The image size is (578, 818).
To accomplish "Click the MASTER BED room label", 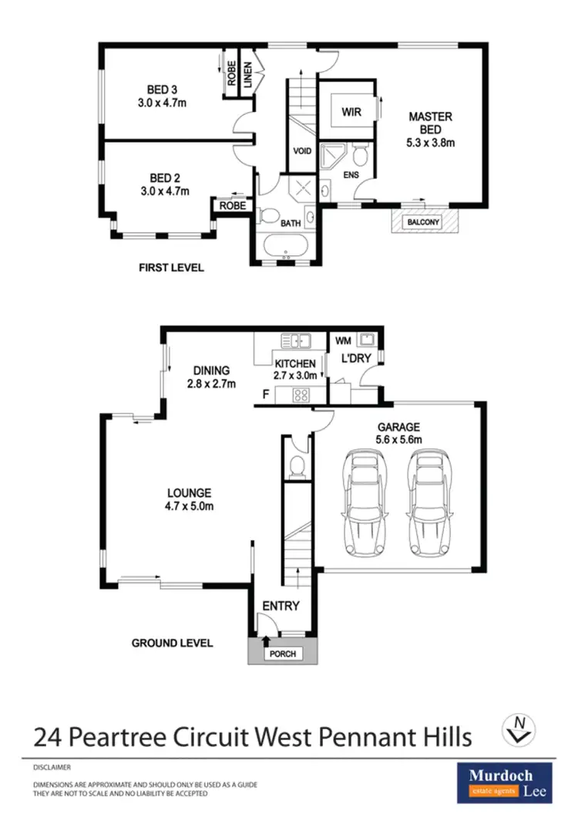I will [430, 123].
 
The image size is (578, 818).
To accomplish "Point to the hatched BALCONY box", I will [425, 221].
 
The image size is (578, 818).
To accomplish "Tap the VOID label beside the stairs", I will [303, 151].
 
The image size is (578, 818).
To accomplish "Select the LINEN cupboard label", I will [249, 77].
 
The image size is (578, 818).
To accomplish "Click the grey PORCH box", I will [282, 653].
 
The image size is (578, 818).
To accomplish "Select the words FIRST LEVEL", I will [171, 268].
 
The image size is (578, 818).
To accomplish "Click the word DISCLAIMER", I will [52, 768].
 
